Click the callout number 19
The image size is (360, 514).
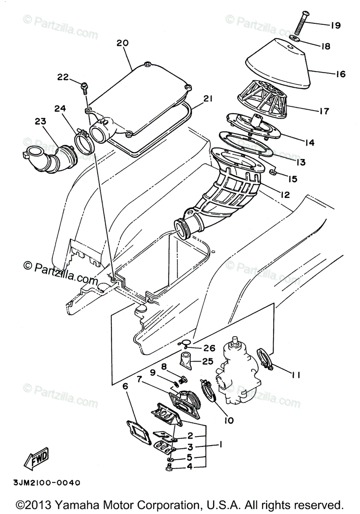[x=335, y=25]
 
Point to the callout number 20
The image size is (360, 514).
[x=122, y=43]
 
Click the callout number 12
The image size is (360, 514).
[x=285, y=195]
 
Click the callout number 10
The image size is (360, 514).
[x=228, y=420]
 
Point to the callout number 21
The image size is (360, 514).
[x=208, y=99]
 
